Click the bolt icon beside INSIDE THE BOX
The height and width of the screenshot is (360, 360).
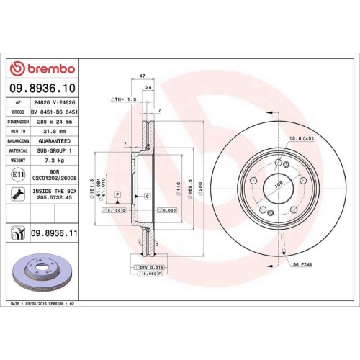(x=17, y=193)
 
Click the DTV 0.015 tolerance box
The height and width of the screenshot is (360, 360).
(x=148, y=267)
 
